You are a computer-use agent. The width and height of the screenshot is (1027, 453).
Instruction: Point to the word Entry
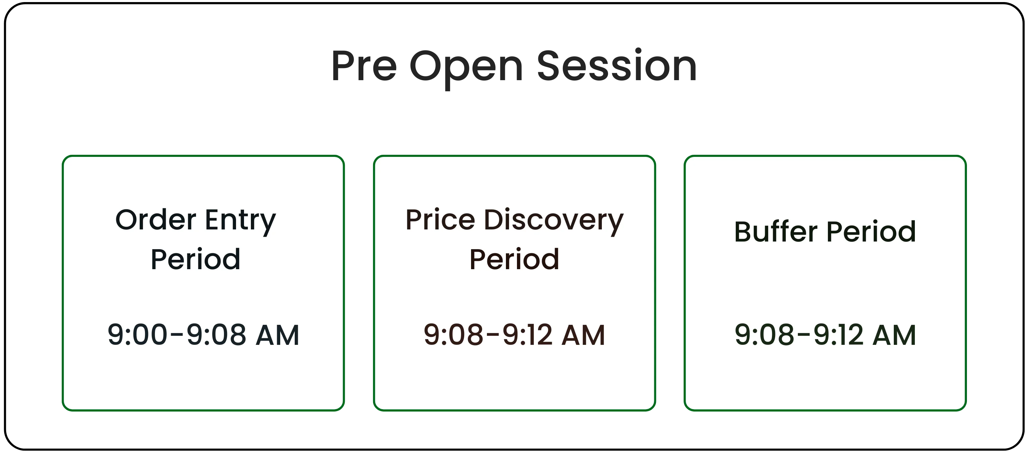coord(241,222)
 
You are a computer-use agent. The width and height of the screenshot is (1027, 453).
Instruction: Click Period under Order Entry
coord(195,259)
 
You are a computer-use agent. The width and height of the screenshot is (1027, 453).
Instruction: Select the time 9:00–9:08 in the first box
coord(177,334)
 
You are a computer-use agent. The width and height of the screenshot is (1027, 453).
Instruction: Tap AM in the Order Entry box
coord(277,335)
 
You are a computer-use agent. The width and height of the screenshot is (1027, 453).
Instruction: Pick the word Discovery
coord(554,222)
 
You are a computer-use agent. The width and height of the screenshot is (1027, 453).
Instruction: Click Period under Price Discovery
coord(514,259)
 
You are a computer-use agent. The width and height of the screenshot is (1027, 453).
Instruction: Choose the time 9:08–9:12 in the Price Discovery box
coord(488,334)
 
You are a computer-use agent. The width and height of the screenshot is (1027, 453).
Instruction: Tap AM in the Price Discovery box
coord(584,335)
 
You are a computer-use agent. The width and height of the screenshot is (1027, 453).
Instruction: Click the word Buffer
coord(776,231)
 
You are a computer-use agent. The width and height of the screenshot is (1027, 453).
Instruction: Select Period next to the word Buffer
coord(871,232)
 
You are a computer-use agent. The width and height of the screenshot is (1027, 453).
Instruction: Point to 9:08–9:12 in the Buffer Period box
coord(799,334)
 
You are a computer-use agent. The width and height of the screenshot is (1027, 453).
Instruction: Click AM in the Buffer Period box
coord(894,335)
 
